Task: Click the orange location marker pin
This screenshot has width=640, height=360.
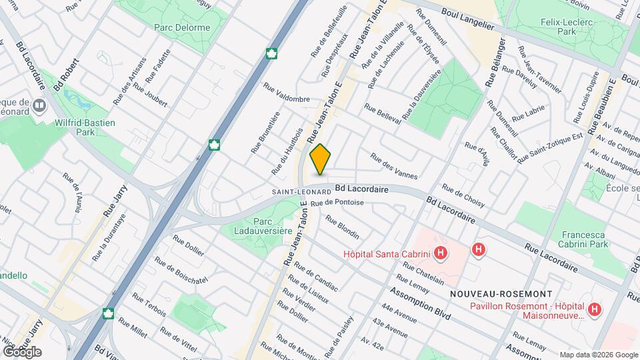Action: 321,159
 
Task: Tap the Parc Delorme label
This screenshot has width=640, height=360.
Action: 181,28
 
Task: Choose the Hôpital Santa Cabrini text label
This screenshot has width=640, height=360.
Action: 385,253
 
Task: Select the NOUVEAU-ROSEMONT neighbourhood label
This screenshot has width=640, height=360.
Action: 501,294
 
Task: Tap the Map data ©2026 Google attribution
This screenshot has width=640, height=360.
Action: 599,355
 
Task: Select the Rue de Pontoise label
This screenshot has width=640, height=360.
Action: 337,202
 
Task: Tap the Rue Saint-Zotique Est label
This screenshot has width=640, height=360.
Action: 550,147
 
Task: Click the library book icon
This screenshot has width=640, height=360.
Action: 39,105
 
